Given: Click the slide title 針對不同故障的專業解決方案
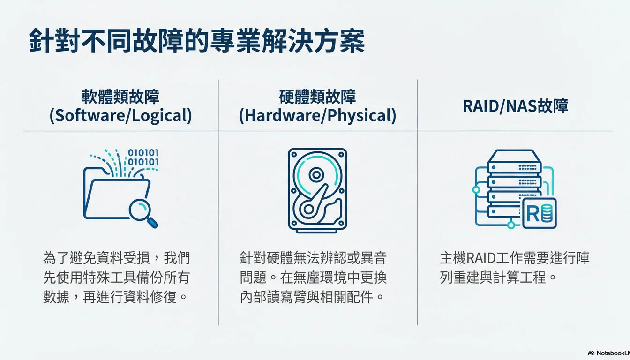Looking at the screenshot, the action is (x=197, y=41).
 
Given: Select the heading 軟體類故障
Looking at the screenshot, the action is (x=120, y=97).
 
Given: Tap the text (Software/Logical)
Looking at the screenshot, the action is (x=120, y=115).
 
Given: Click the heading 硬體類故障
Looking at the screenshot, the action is (x=317, y=97).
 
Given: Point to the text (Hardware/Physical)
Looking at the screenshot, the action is (x=317, y=115).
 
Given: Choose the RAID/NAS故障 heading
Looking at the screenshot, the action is (x=515, y=106).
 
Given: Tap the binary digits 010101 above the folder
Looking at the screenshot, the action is (x=143, y=157).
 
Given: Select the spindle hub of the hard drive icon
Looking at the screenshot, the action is (x=316, y=175).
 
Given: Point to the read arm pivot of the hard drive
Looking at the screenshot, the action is (x=308, y=209).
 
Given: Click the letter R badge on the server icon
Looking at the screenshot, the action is (x=540, y=213).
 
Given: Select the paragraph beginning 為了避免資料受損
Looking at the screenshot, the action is (x=116, y=277).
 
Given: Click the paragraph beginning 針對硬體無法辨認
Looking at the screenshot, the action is (x=313, y=277).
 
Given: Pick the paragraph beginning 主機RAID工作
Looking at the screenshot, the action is (x=514, y=268).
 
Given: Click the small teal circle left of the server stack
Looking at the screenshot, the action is (x=476, y=190).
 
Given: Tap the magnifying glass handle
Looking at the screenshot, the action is (x=153, y=223).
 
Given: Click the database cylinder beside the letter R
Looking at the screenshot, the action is (x=547, y=213).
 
